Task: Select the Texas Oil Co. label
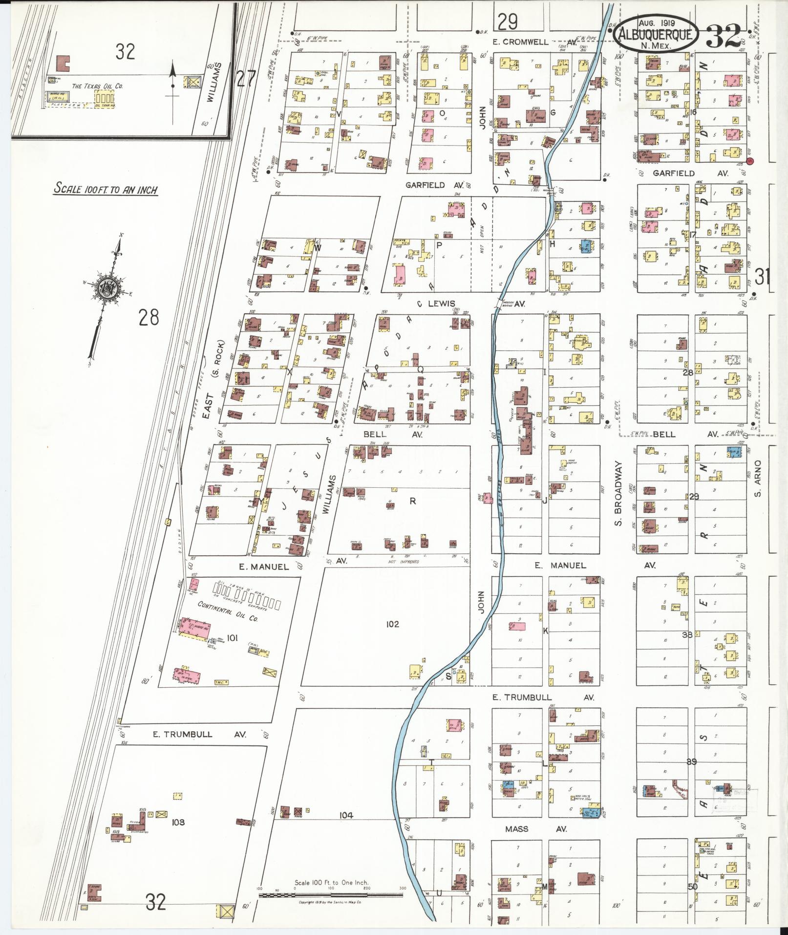click(x=97, y=86)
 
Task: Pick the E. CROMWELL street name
click(x=521, y=42)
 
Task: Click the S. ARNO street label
click(x=758, y=478)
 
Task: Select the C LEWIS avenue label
click(x=436, y=304)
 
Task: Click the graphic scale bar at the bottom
click(x=331, y=895)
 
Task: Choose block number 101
click(x=232, y=637)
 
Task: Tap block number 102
click(x=392, y=624)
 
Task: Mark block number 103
click(x=178, y=823)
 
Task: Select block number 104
click(x=346, y=815)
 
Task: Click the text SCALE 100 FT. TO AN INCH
click(x=106, y=189)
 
